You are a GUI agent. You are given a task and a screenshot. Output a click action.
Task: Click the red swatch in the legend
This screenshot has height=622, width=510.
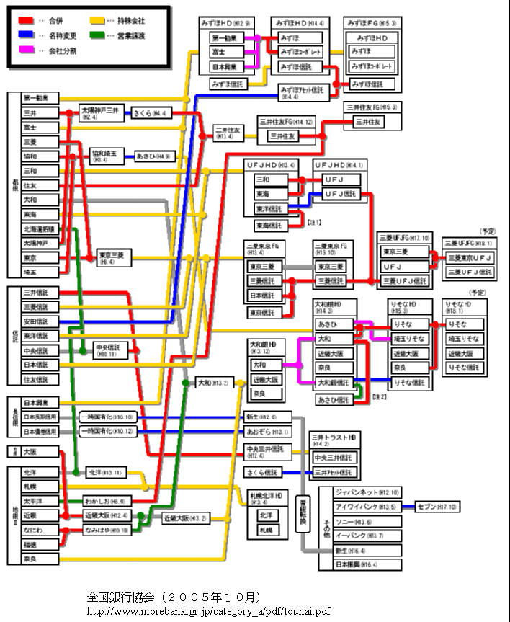pyautogui.click(x=27, y=20)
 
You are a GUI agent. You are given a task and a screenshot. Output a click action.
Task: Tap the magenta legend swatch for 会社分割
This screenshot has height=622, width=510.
pyautogui.click(x=27, y=50)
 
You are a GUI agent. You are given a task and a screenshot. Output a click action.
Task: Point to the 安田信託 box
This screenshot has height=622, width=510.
pyautogui.click(x=37, y=321)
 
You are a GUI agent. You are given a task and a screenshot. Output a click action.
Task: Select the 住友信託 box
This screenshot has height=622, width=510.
pyautogui.click(x=37, y=379)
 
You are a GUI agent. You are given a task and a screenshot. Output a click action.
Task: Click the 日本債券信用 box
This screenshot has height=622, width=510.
pyautogui.click(x=40, y=431)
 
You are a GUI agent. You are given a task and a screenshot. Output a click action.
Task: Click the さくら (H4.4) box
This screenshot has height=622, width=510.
pyautogui.click(x=150, y=113)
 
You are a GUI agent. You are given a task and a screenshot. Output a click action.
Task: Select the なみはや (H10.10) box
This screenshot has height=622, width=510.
pyautogui.click(x=107, y=530)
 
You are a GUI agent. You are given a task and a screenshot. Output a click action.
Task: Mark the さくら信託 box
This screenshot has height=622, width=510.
pyautogui.click(x=264, y=473)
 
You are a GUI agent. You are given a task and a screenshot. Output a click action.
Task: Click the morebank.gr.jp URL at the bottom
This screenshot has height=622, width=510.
pyautogui.click(x=209, y=610)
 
